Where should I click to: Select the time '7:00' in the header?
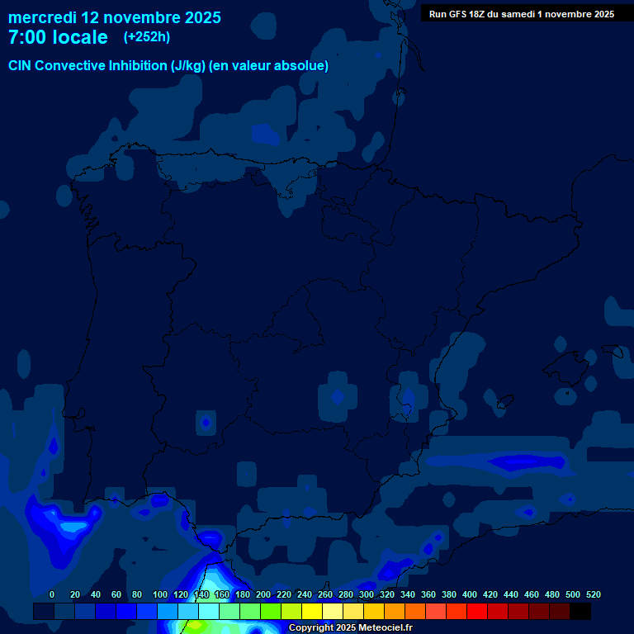coord(26,37)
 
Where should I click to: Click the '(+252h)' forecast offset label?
coord(147,37)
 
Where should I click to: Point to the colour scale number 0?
coord(52,594)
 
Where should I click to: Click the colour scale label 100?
coord(159,594)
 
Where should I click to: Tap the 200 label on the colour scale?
coord(263,594)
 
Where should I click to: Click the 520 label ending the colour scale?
coord(593,594)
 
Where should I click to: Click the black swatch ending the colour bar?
coord(580,611)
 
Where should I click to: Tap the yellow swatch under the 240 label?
coord(312,611)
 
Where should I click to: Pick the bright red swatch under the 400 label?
coord(477,611)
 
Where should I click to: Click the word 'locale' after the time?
coord(82,37)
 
